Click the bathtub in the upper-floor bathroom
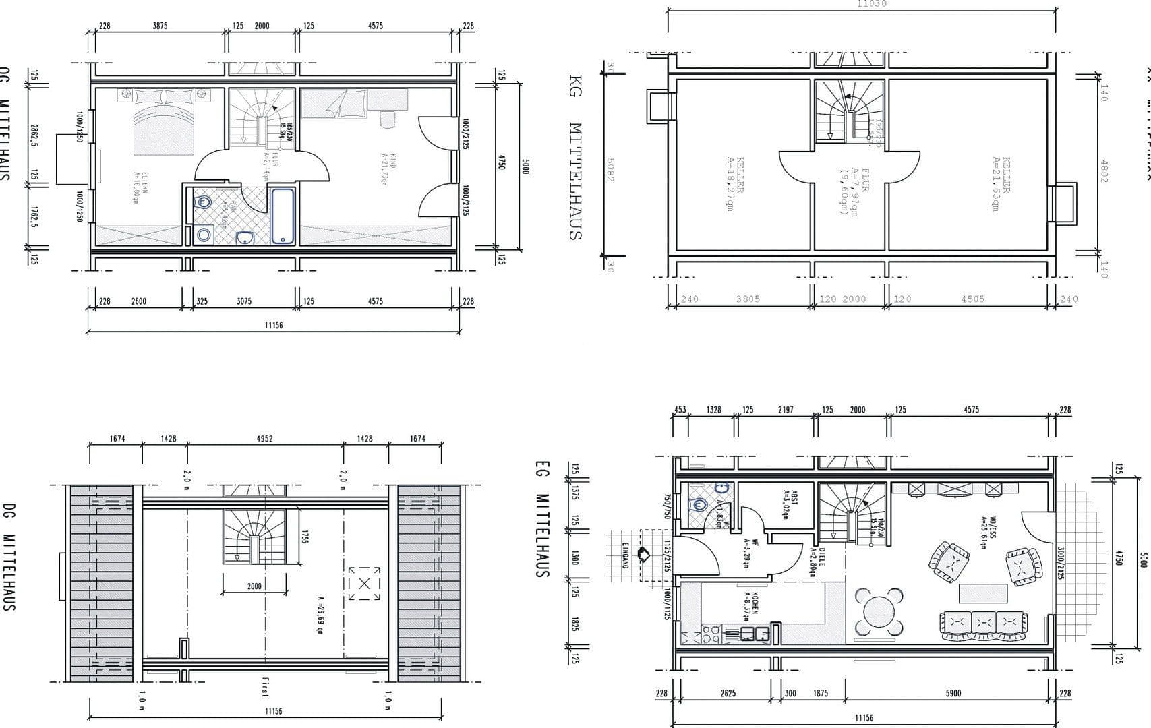click(283, 216)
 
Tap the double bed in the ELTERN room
click(165, 121)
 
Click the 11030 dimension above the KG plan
click(872, 4)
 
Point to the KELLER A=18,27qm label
click(734, 183)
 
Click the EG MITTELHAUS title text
click(540, 519)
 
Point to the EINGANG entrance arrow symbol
click(643, 554)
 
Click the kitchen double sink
click(755, 633)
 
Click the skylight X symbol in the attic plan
click(364, 583)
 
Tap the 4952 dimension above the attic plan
click(264, 439)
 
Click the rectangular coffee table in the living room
click(983, 593)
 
